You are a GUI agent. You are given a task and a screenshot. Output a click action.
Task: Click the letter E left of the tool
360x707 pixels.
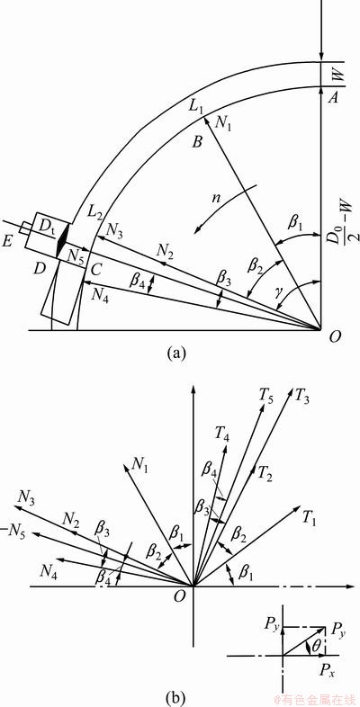(7, 242)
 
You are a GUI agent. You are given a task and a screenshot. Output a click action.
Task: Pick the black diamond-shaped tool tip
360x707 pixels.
(63, 240)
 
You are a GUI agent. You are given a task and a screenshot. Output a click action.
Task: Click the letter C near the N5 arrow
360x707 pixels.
(95, 270)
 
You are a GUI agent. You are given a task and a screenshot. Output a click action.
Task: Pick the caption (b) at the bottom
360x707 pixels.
(175, 697)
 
